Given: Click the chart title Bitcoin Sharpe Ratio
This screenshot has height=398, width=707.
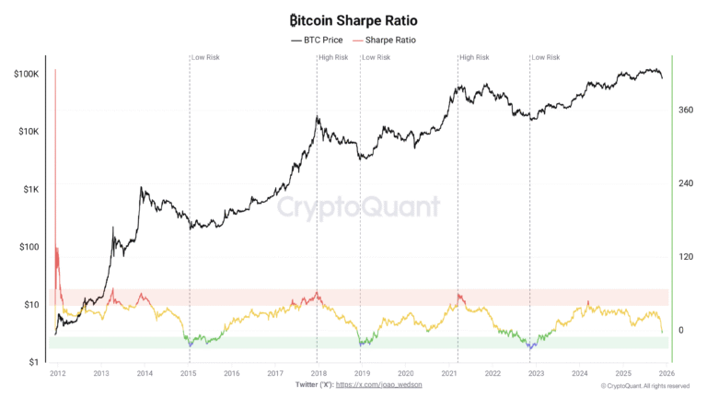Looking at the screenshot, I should pyautogui.click(x=353, y=19).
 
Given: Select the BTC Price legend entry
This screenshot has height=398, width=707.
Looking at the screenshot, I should pyautogui.click(x=317, y=41).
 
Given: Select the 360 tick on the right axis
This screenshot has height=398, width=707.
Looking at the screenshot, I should pyautogui.click(x=685, y=110).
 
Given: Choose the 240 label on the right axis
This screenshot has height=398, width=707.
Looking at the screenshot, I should pyautogui.click(x=685, y=183).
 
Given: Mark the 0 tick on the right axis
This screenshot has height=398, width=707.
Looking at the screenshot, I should pyautogui.click(x=680, y=330).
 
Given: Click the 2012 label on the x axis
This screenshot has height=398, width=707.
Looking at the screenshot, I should pyautogui.click(x=57, y=373).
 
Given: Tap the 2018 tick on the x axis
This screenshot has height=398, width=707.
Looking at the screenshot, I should pyautogui.click(x=318, y=373).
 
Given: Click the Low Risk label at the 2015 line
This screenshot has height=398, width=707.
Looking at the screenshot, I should pyautogui.click(x=205, y=58).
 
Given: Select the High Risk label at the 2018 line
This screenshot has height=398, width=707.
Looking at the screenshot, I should pyautogui.click(x=333, y=58).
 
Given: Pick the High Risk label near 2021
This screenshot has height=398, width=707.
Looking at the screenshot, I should pyautogui.click(x=474, y=58).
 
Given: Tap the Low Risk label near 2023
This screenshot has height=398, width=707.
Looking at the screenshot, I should pyautogui.click(x=546, y=58).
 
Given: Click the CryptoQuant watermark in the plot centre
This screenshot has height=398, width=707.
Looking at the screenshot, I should pyautogui.click(x=358, y=206).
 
